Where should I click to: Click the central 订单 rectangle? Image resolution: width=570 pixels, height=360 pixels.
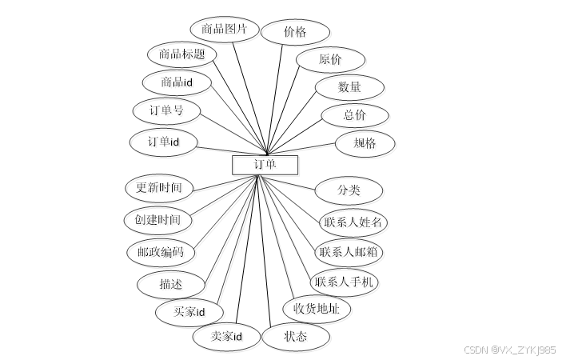[265, 165]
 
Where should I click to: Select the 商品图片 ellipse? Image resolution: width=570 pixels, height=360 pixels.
[224, 30]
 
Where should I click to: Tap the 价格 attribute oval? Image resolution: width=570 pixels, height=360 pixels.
[294, 32]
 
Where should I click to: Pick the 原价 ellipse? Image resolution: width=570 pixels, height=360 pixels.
[330, 60]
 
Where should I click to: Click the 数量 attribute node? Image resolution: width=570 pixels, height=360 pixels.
[349, 87]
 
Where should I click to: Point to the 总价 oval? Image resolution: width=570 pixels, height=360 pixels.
[355, 115]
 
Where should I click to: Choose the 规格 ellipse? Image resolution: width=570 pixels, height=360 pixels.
[365, 144]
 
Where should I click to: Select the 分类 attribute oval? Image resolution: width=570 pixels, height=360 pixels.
[349, 190]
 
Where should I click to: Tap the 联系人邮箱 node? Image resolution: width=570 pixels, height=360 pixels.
[349, 252]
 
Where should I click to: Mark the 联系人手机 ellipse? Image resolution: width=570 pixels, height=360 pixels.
[344, 282]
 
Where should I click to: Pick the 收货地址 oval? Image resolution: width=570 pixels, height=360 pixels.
[317, 309]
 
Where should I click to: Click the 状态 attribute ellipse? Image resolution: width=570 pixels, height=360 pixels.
[295, 336]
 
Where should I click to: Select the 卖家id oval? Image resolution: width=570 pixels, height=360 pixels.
[226, 336]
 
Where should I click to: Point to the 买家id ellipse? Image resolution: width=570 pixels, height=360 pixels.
[189, 311]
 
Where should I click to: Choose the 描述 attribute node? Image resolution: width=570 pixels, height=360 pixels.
[170, 284]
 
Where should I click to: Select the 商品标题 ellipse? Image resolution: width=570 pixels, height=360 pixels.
[181, 54]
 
